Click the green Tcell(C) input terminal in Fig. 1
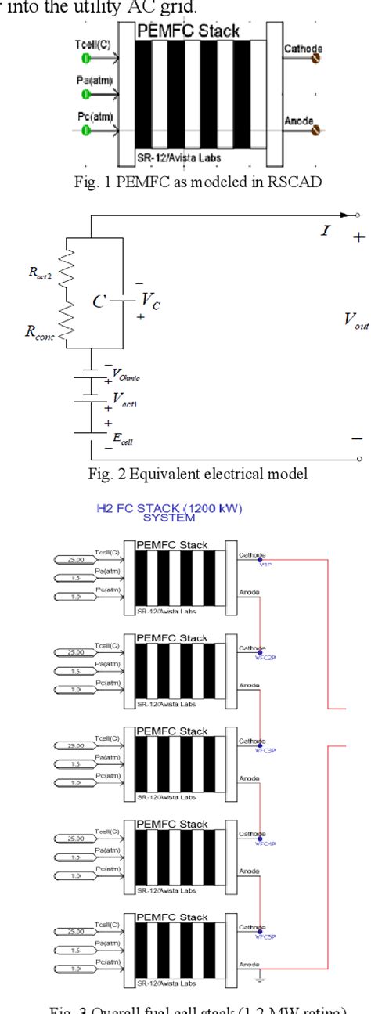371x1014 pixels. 87,58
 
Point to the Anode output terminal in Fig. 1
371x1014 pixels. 315,131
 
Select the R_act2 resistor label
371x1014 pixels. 40,275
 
